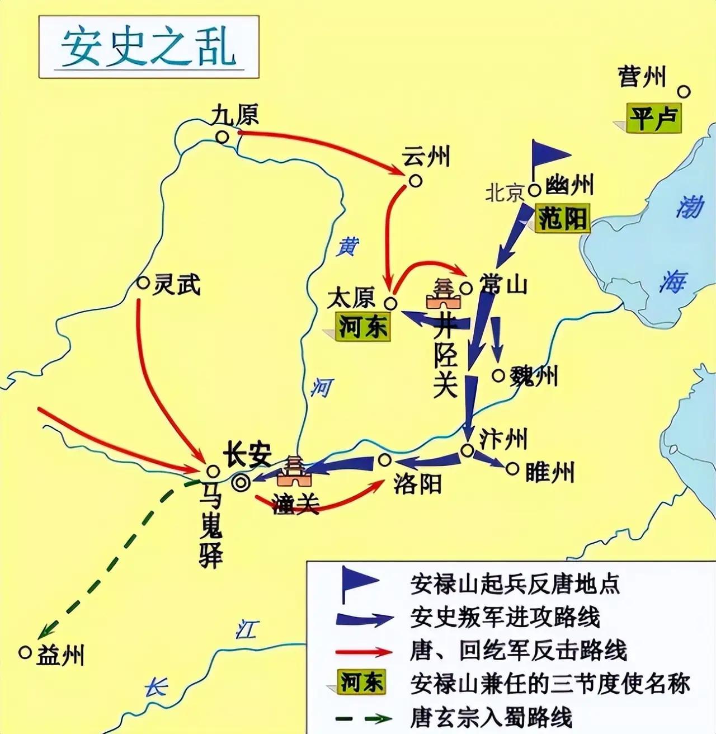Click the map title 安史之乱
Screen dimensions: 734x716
pyautogui.click(x=148, y=47)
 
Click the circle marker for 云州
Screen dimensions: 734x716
pyautogui.click(x=415, y=181)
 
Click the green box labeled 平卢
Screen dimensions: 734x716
pyautogui.click(x=654, y=118)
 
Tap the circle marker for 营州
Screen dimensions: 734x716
pyautogui.click(x=684, y=92)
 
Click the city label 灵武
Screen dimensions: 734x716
pyautogui.click(x=177, y=285)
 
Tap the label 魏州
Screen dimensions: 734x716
pyautogui.click(x=533, y=376)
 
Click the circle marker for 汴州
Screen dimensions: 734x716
pyautogui.click(x=467, y=450)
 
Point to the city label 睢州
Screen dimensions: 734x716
pyautogui.click(x=550, y=473)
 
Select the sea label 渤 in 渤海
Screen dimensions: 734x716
pyautogui.click(x=689, y=208)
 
